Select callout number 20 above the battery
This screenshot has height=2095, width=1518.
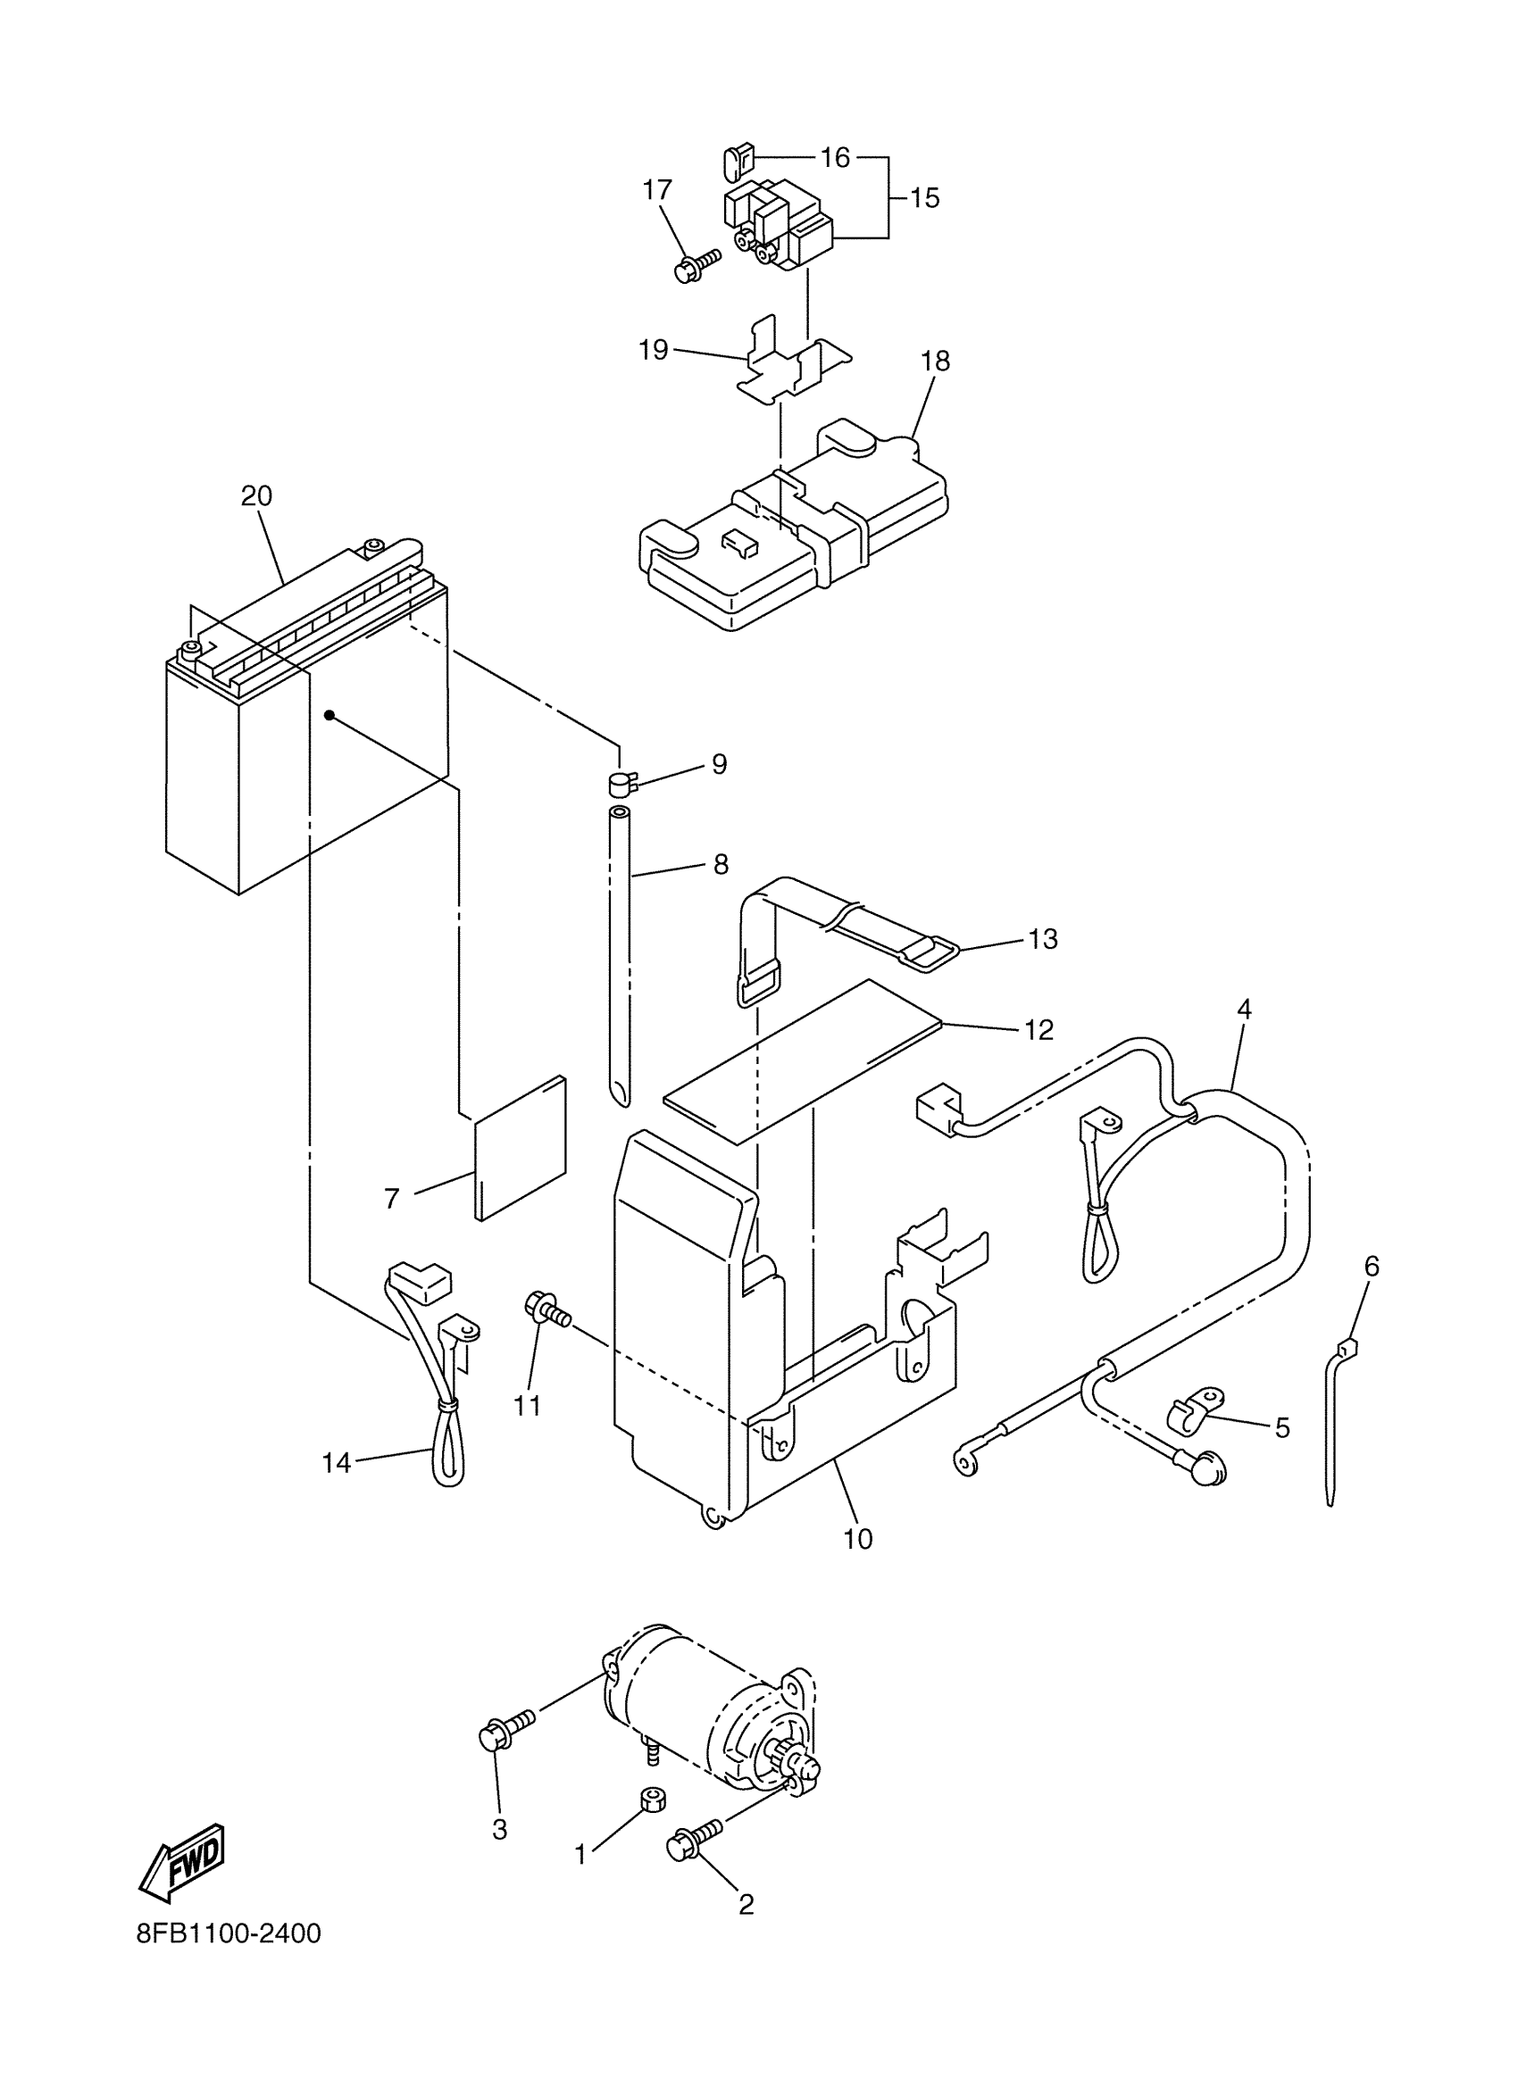tap(256, 496)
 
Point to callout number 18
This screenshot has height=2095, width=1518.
tap(935, 362)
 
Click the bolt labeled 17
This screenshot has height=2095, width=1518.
tap(695, 267)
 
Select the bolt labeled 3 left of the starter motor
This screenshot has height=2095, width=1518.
tap(504, 1730)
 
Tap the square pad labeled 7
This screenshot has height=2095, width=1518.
tap(519, 1148)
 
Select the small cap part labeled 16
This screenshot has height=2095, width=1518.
tap(736, 163)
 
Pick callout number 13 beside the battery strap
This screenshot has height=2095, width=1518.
tap(1042, 938)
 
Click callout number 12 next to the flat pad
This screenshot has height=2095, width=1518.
tap(1038, 1030)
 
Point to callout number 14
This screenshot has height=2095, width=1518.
tap(337, 1463)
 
